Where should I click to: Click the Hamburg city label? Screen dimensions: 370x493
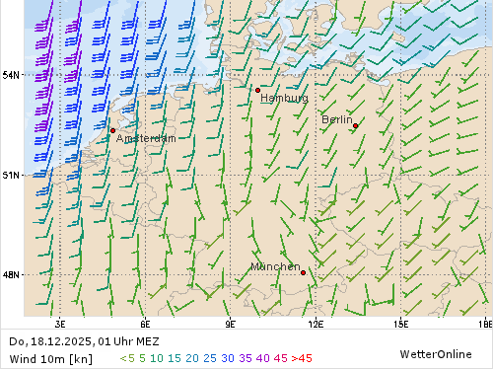pos(284,99)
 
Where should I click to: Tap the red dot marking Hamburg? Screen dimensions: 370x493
pos(258,90)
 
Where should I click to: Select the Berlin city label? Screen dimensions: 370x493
pos(337,119)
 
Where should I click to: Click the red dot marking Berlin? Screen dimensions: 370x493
pos(355,125)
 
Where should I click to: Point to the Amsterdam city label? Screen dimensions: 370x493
pos(146,139)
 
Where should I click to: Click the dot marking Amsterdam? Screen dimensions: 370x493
pos(113,130)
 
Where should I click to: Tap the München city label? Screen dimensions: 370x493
pos(275,267)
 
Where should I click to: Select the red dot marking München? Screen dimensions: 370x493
pos(303,272)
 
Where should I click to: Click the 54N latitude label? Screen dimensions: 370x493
pos(11,75)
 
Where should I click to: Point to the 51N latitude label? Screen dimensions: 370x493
pos(11,176)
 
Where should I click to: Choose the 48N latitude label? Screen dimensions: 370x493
pos(11,275)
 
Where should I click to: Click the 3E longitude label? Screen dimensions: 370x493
pos(60,323)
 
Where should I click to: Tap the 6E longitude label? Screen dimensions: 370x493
pos(145,323)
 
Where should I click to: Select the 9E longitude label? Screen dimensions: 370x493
pos(231,323)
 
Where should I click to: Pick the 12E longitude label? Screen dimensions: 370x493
pos(317,323)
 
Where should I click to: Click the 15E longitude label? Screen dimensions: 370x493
pos(401,323)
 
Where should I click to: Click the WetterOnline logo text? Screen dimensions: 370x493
pos(434,353)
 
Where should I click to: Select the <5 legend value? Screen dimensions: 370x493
pos(127,358)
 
